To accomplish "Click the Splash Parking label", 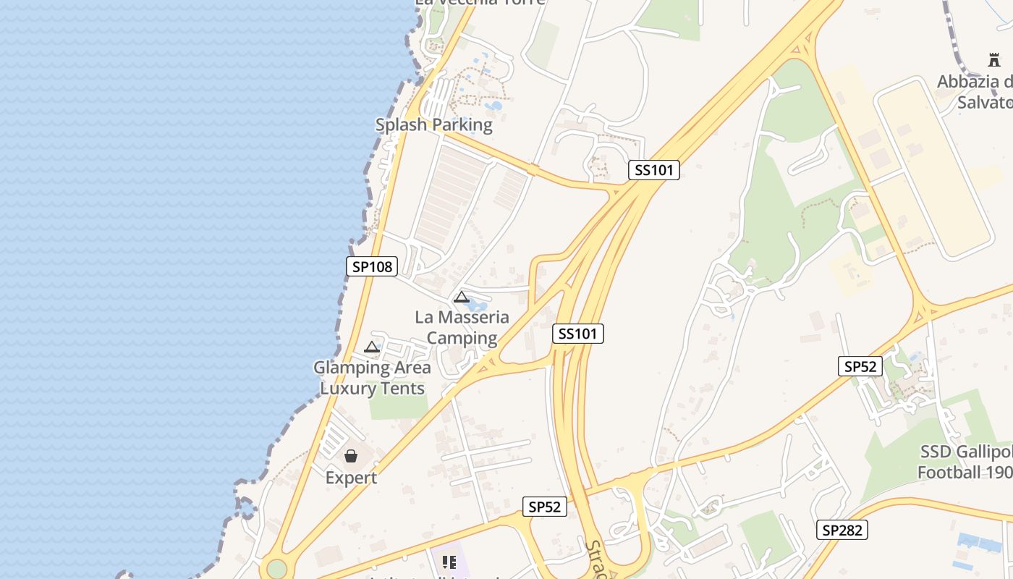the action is coord(433,124).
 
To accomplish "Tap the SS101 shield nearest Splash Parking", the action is coord(653,170).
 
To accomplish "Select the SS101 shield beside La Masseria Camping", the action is coord(577,334).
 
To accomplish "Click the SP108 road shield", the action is coord(372,266).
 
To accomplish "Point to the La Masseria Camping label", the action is coord(462,327).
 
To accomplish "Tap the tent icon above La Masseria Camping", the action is coord(461,297).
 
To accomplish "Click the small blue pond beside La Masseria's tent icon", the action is coord(478,297).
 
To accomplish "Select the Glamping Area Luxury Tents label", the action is coord(372,377).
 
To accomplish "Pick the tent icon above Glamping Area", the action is coord(372,347).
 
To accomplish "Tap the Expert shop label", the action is coord(351,478).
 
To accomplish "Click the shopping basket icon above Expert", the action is coord(351,456).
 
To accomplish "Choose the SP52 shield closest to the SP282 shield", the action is coord(860,366).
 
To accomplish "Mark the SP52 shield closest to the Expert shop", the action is coord(544,507).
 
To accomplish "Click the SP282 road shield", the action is coord(843,530).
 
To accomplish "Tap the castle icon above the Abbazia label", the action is coord(994,60).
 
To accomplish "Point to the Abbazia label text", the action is coord(975,91).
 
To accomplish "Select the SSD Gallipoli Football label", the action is coord(965,462).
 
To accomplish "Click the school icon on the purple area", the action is coord(449,562).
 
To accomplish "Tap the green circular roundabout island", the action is coord(276,568).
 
